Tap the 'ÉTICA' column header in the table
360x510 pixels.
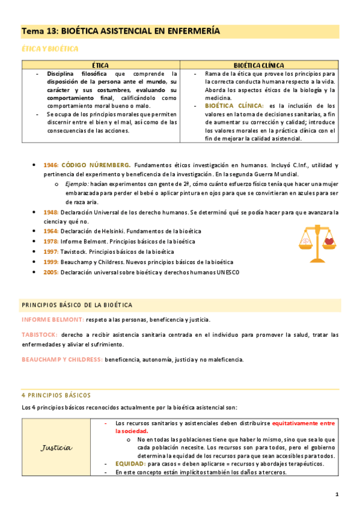100,65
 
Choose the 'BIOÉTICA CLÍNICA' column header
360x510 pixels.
258,65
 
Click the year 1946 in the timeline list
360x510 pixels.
50,165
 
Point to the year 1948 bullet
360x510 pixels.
50,212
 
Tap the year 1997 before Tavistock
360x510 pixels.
50,252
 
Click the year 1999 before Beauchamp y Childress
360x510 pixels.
50,262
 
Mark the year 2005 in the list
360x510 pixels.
50,272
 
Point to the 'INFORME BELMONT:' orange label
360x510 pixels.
52,319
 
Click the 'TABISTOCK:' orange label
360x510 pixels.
40,334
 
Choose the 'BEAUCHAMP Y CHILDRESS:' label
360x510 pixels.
61,360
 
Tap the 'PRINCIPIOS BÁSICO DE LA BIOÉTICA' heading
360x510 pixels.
76,304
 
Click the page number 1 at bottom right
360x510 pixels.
337,494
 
